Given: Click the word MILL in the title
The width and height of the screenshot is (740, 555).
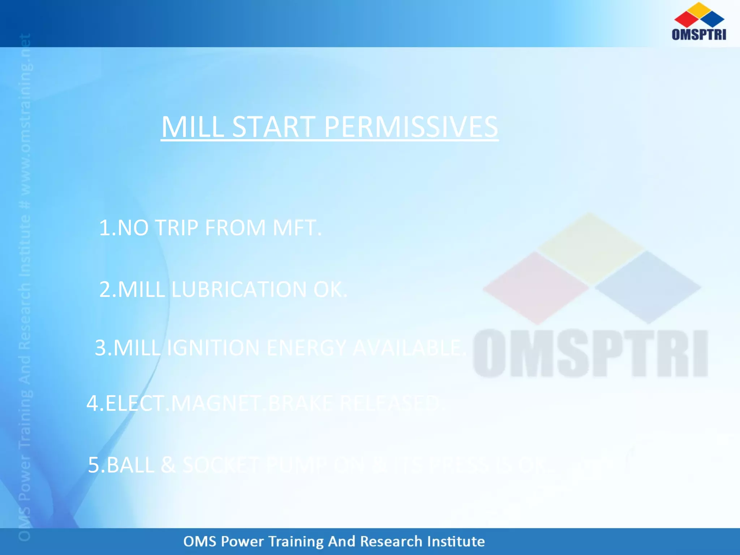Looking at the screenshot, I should (x=193, y=127).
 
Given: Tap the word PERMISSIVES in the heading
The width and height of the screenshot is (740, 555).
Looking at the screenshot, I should (x=411, y=127).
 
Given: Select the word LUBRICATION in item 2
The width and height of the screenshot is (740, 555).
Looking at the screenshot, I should (x=239, y=289).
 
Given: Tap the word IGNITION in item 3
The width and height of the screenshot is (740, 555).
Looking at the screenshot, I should (x=213, y=348).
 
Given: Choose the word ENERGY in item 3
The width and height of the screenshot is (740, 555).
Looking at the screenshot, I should (x=306, y=348).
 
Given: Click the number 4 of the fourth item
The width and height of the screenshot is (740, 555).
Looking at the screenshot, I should (x=92, y=403).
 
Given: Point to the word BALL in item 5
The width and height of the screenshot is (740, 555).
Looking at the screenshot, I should (x=131, y=465).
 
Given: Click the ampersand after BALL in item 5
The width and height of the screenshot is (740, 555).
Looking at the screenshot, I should (x=168, y=465).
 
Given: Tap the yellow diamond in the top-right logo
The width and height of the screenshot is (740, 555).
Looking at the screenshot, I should (x=700, y=9).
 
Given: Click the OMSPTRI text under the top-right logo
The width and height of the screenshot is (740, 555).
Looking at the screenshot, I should (x=699, y=34).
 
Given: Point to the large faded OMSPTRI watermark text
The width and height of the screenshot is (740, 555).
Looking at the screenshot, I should (x=590, y=353).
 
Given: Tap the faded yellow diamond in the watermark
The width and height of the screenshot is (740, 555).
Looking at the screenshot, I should (x=590, y=248).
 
